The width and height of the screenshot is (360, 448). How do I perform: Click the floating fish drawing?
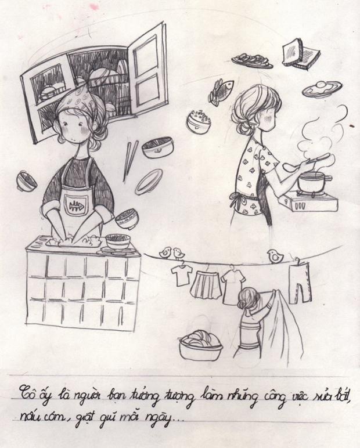[221, 92]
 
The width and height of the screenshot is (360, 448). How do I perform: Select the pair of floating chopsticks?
[130, 161]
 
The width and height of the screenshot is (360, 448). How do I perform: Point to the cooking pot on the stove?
[314, 183]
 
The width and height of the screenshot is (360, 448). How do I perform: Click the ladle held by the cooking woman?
[305, 162]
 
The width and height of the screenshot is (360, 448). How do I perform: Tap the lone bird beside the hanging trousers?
[275, 256]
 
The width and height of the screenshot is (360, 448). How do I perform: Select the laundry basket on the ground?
[201, 346]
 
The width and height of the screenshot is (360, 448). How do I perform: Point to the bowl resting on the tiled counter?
[118, 242]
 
